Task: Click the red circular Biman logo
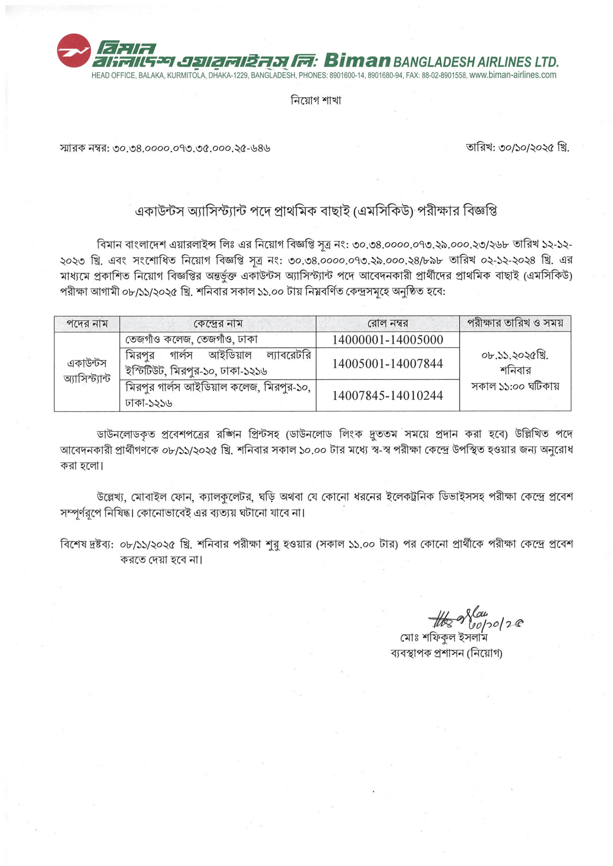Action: (x=74, y=51)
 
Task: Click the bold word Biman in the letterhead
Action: (x=357, y=60)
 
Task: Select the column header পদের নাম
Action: (x=87, y=324)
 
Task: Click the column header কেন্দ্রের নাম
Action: (x=218, y=324)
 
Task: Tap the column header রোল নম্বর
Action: (x=388, y=324)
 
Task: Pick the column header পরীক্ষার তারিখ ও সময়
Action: (x=515, y=323)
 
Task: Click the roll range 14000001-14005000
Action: (x=388, y=340)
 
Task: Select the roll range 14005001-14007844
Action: (x=388, y=363)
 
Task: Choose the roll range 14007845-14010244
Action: (x=388, y=395)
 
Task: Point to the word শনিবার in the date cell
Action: (x=515, y=371)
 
